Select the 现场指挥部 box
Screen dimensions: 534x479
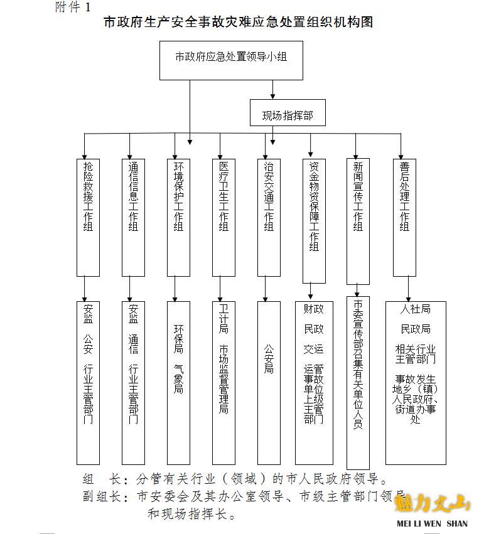[287, 115]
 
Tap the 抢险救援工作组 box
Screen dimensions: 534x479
[88, 216]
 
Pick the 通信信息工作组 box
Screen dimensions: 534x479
[132, 216]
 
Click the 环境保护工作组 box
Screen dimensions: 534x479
[178, 216]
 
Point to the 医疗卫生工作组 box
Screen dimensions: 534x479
[223, 216]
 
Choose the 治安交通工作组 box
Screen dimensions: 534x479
[268, 216]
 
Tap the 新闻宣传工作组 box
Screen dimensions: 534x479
[358, 216]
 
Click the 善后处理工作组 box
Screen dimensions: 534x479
[404, 216]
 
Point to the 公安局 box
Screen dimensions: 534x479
[269, 382]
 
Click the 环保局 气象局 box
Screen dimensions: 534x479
[178, 382]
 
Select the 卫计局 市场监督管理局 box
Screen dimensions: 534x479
[223, 382]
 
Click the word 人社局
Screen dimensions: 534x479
[415, 309]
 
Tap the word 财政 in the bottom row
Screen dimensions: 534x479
[313, 309]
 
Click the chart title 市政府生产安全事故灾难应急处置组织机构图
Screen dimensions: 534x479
[239, 23]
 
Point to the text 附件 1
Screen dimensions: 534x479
[73, 7]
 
